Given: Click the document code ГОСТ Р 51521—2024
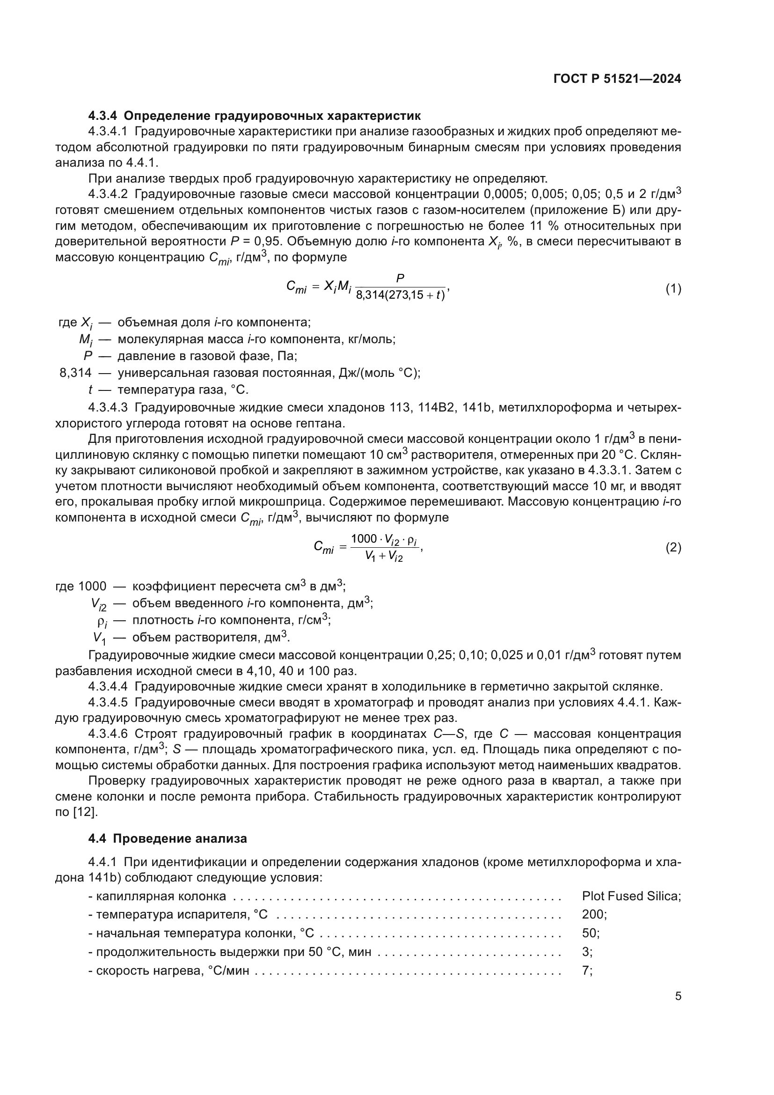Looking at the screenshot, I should (617, 79).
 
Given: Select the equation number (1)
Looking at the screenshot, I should (673, 288).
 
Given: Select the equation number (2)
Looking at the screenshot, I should (673, 548).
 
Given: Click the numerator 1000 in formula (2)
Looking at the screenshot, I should (364, 539).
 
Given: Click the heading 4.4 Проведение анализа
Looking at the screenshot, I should (168, 838).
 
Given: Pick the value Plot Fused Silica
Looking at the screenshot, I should (630, 896).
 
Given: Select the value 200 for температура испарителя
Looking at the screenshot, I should (592, 914).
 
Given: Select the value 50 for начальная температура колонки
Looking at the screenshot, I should (589, 933).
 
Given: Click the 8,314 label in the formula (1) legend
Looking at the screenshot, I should (75, 373).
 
